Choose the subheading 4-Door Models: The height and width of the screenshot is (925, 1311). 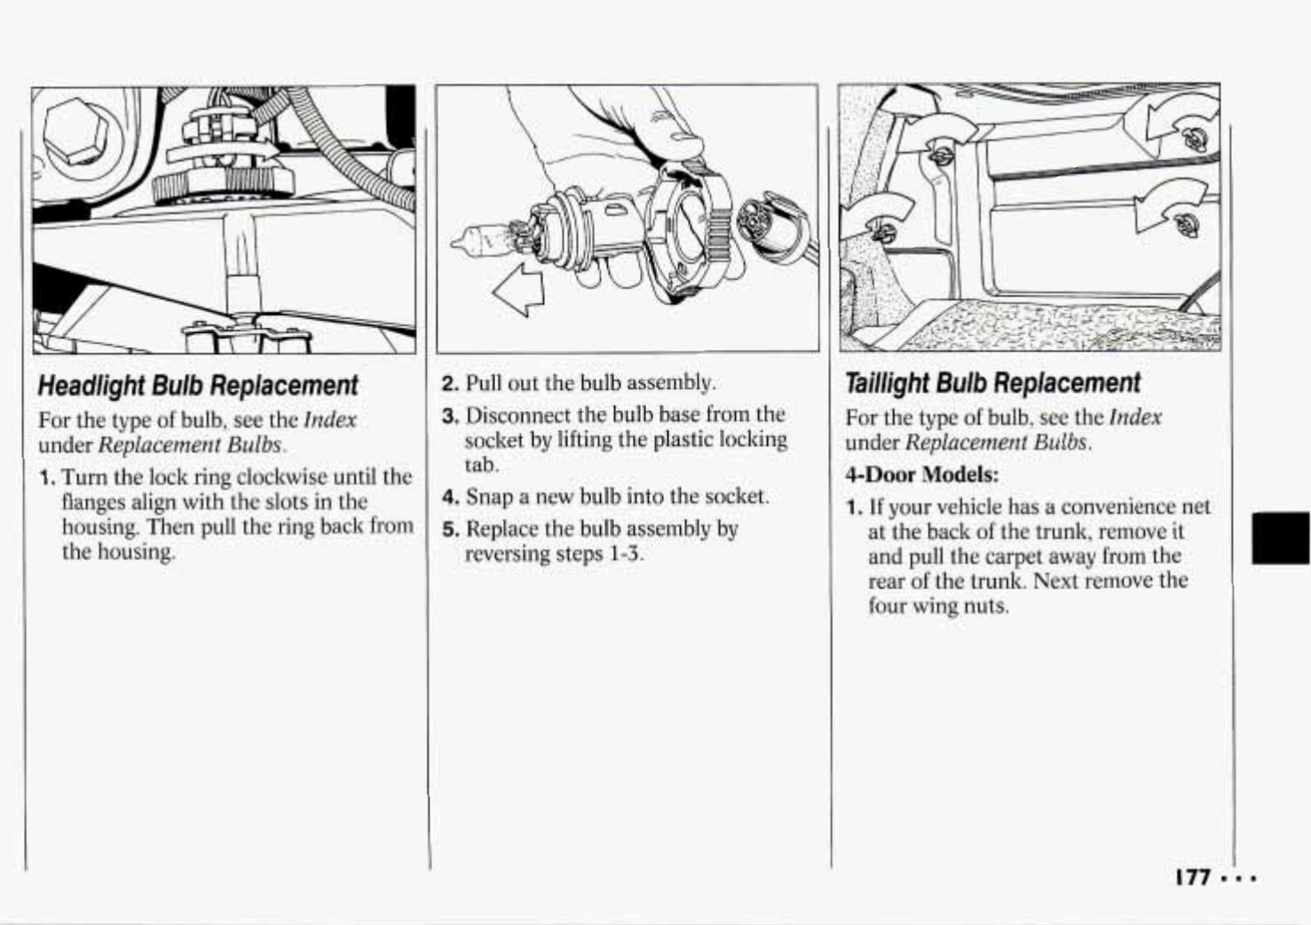(x=921, y=475)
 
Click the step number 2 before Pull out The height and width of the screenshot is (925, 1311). (x=450, y=383)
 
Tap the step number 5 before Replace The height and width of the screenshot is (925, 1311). (x=450, y=530)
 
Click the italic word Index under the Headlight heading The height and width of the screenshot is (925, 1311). (x=330, y=420)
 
